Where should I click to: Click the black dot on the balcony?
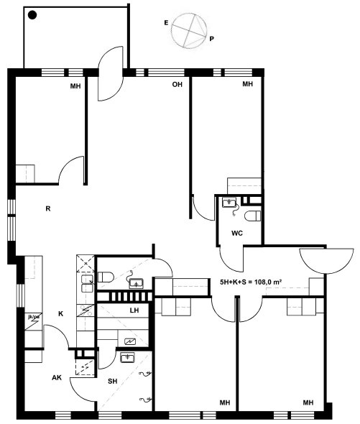tap(32, 15)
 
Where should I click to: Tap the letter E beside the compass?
tap(166, 23)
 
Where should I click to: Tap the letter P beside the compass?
tap(211, 39)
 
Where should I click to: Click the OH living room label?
tap(177, 84)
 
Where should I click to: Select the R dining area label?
tap(48, 208)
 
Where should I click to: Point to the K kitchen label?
tap(60, 313)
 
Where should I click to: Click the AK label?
tap(57, 377)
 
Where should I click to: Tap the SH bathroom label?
tap(113, 382)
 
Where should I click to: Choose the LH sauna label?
tap(134, 310)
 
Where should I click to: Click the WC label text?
tap(237, 233)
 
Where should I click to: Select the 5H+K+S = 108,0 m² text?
tap(251, 282)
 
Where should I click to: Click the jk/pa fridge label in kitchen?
tap(34, 316)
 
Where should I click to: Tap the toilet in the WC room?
tap(252, 216)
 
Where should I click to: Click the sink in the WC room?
tap(229, 202)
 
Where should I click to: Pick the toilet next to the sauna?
tap(106, 277)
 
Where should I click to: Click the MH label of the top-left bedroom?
tap(75, 86)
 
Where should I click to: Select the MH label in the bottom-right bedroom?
tap(308, 403)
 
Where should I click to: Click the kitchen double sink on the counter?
tap(88, 284)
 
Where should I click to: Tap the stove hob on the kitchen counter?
tap(86, 310)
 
